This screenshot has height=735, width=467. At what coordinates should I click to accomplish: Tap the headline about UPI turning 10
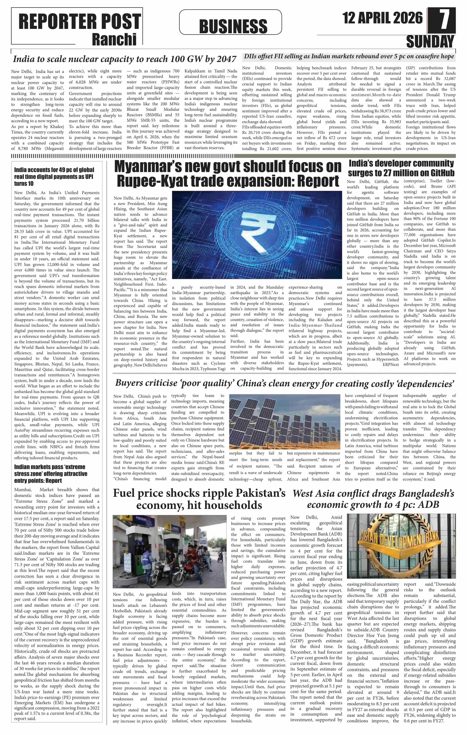[x=54, y=176]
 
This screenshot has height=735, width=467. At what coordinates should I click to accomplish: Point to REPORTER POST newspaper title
[x=79, y=22]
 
